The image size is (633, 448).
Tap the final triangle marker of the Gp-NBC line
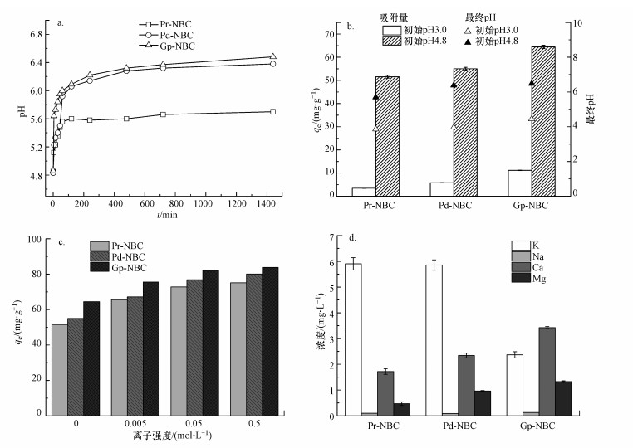click(272, 57)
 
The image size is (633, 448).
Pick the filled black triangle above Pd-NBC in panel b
click(454, 85)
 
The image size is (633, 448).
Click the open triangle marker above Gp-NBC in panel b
click(532, 119)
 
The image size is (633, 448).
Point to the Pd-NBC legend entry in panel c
click(119, 256)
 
